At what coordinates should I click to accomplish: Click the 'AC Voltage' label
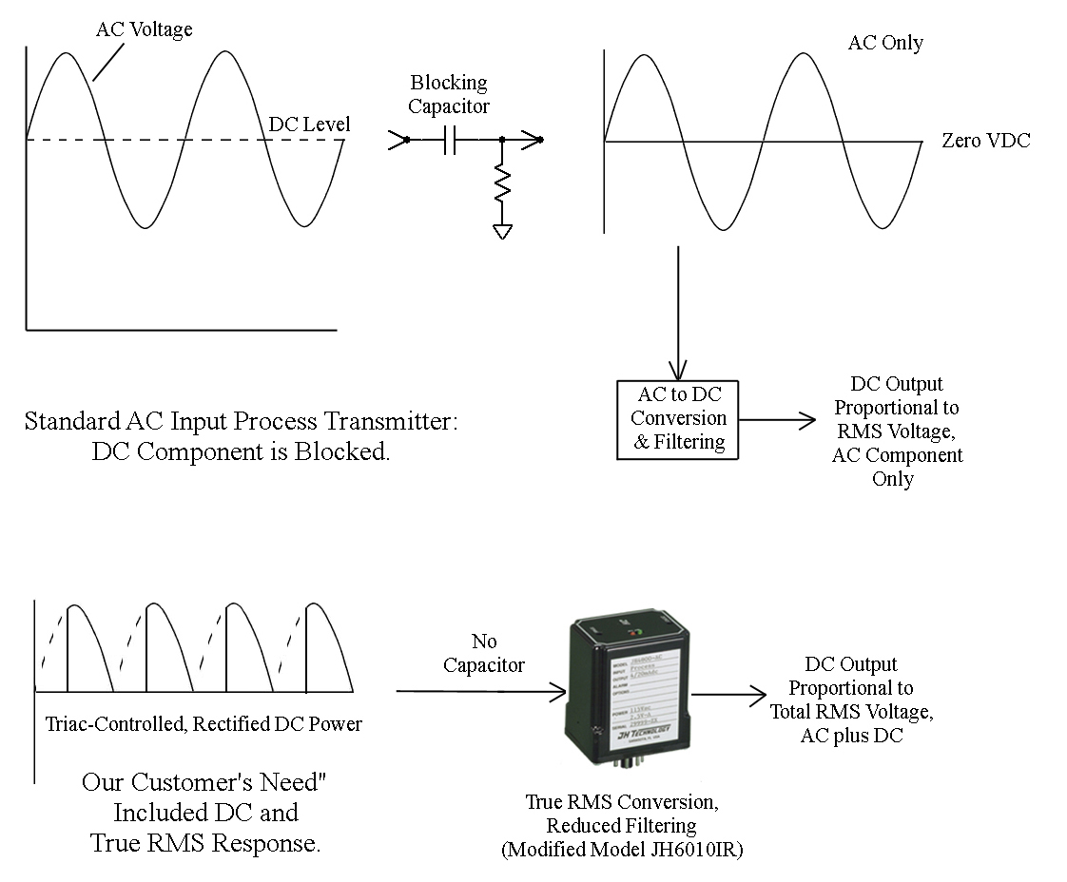144,29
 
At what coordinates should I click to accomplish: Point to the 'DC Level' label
309,125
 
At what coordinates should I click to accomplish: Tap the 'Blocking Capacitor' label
449,94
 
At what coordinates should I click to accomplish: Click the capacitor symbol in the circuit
450,141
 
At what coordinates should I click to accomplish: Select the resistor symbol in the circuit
502,183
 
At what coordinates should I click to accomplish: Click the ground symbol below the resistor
502,230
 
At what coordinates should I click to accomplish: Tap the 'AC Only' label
884,43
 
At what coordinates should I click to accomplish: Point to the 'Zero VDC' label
985,141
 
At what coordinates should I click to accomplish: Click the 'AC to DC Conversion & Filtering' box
678,419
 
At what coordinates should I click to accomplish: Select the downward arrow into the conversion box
678,314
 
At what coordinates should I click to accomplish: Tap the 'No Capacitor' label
484,653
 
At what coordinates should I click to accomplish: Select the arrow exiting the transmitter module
727,694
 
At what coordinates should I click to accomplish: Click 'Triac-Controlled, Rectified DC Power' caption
204,724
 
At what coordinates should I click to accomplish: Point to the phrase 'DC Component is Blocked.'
241,451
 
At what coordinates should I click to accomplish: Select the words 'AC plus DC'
850,735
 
